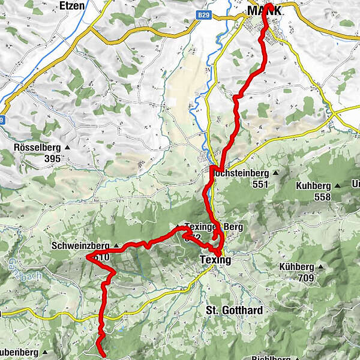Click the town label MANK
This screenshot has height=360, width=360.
pyautogui.click(x=263, y=11)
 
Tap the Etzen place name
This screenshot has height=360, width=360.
pyautogui.click(x=73, y=5)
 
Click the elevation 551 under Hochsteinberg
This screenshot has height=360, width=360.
pyautogui.click(x=260, y=184)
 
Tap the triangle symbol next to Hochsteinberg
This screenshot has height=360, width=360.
pyautogui.click(x=275, y=173)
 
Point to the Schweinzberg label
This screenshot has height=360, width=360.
pyautogui.click(x=80, y=246)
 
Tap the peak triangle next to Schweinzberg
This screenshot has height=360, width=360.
pyautogui.click(x=116, y=245)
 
